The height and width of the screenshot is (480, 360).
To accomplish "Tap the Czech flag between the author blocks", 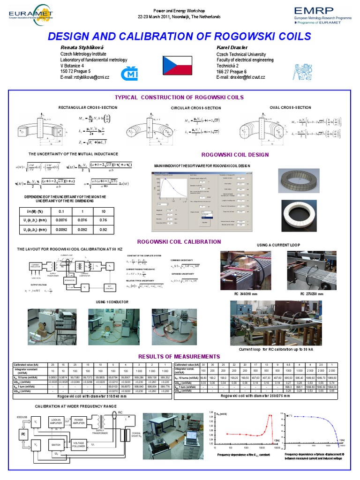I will [x=180, y=64].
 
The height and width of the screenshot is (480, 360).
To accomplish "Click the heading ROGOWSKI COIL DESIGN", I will [x=235, y=154].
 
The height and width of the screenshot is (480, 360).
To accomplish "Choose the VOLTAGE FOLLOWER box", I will [x=80, y=444].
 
